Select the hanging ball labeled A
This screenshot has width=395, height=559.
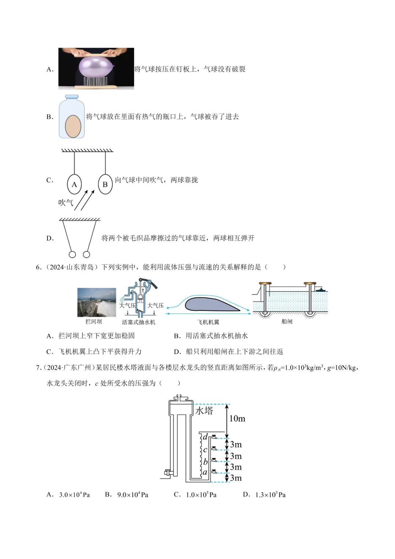[x=74, y=185]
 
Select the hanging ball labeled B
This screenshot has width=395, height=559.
[x=105, y=185]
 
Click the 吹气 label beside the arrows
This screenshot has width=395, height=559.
[x=66, y=202]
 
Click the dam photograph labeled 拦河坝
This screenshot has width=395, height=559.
[x=97, y=302]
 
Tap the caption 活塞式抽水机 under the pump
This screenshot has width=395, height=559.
[x=139, y=322]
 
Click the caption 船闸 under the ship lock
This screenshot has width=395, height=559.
[x=287, y=321]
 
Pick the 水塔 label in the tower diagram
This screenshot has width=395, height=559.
[x=204, y=410]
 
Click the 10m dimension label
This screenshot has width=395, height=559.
[x=237, y=418]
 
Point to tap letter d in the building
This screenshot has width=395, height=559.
[x=205, y=436]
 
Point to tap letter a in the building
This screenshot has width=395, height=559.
[x=205, y=472]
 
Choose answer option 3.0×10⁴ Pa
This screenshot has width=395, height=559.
[x=74, y=495]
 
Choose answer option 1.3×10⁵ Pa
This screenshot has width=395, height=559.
[x=270, y=495]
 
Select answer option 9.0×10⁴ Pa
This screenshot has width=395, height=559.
[x=132, y=495]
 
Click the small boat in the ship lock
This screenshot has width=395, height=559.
[x=321, y=290]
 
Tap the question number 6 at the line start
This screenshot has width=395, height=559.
[x=38, y=267]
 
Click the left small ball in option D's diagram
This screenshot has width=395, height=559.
[x=72, y=254]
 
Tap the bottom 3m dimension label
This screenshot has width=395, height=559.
[x=236, y=478]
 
